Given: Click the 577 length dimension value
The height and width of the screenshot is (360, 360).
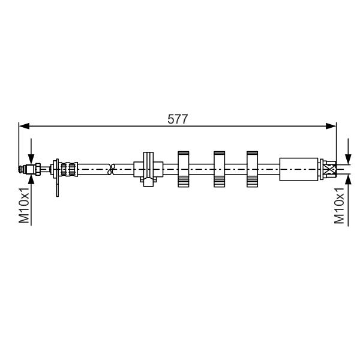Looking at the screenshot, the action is click(x=178, y=119).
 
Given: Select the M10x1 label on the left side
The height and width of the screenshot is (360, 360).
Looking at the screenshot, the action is click(x=24, y=205).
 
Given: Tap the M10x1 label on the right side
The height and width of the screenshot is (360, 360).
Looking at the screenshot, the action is click(x=339, y=205).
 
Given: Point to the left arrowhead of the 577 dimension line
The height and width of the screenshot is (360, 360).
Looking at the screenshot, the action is click(x=25, y=126).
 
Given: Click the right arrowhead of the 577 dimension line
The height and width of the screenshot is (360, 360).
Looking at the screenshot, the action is click(x=331, y=126).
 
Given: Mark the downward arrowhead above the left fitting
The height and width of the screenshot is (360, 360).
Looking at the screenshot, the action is click(x=31, y=159).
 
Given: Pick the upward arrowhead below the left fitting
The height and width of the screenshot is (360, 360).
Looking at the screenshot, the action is click(x=31, y=179).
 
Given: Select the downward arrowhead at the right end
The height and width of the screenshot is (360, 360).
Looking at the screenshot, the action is click(x=348, y=159).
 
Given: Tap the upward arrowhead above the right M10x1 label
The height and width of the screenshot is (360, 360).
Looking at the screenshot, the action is click(x=348, y=179).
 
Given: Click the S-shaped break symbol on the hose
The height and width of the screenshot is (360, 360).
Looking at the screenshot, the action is click(x=112, y=169).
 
